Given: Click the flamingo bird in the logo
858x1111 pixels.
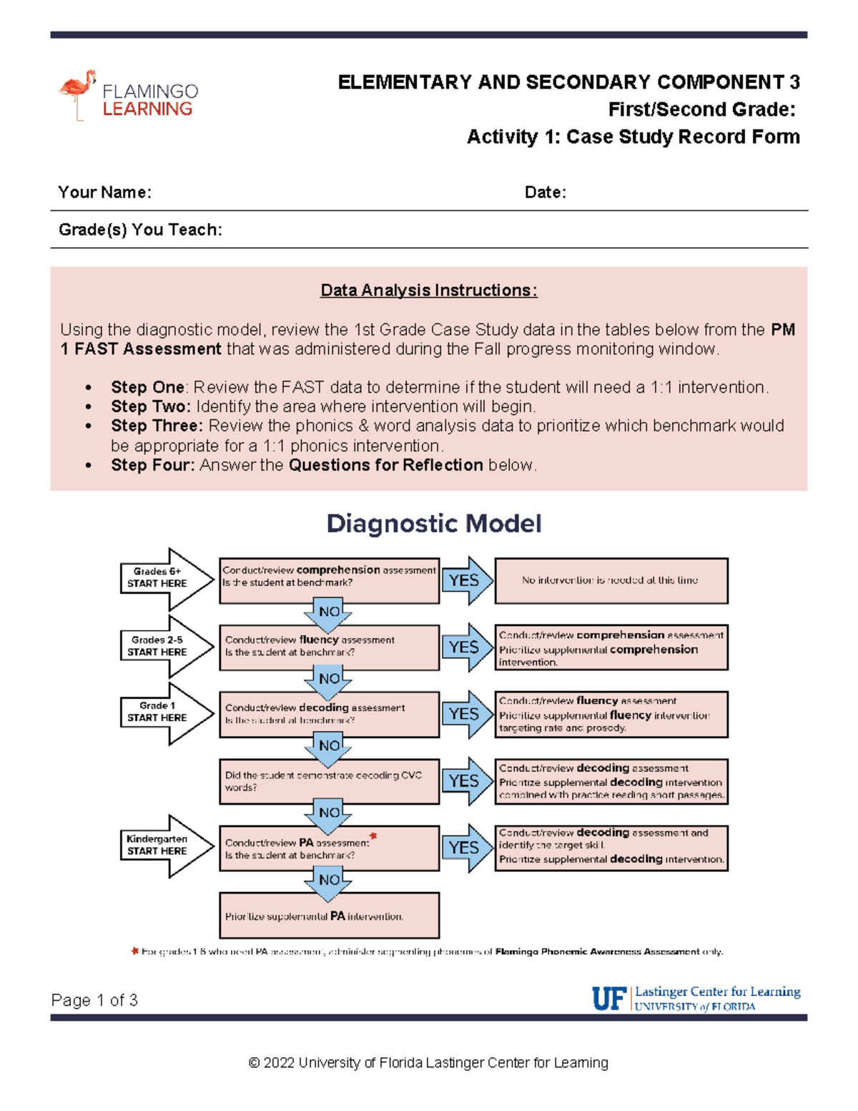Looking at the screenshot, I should point(77,91).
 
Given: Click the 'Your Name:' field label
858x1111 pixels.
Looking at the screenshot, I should point(104,192).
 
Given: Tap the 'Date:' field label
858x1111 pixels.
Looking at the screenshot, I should point(545,192).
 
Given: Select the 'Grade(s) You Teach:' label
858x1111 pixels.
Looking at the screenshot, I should point(140,230).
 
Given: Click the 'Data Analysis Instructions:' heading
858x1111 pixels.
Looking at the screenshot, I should point(428,290).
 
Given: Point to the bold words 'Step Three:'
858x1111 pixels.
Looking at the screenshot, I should point(157,426).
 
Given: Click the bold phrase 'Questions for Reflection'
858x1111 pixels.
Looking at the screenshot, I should point(386,465).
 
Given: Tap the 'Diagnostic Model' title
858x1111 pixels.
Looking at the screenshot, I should point(433,524).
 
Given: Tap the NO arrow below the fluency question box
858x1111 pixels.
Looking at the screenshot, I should point(328,679).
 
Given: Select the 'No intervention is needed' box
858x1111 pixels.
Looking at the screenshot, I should point(611,580).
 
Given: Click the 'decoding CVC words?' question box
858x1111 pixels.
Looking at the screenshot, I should point(329,781).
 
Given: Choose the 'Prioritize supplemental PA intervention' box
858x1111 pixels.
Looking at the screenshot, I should point(329,916).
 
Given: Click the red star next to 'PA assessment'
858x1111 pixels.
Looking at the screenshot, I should point(373,836).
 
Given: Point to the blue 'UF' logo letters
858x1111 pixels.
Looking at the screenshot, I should point(608,998).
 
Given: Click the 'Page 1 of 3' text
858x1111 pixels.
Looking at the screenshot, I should point(94,1000).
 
